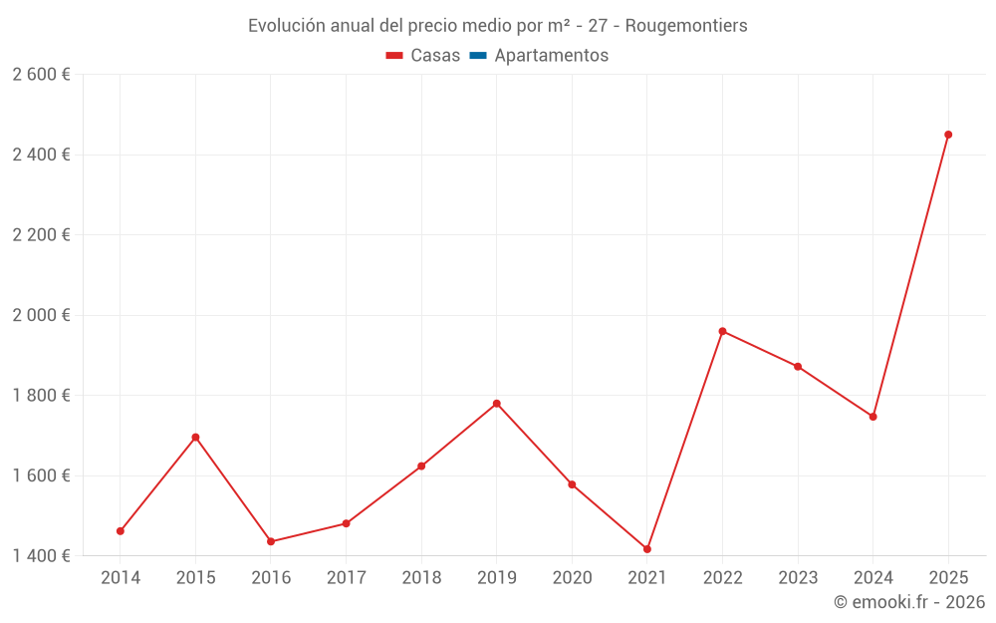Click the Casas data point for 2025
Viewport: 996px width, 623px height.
(948, 135)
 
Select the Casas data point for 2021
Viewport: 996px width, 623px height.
(647, 549)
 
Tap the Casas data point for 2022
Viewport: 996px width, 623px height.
(722, 331)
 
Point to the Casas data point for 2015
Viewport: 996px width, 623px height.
(195, 438)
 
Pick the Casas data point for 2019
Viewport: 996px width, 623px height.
(497, 404)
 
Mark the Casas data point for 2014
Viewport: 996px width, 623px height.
(121, 531)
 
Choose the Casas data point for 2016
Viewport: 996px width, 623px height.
(271, 541)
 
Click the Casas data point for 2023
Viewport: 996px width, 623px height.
(798, 367)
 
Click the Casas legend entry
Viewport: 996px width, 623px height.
(423, 56)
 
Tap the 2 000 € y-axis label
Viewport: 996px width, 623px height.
(41, 315)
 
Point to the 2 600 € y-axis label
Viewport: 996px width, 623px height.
(41, 75)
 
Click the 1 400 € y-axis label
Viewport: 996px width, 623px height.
(41, 555)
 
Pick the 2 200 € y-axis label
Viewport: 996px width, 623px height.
(41, 235)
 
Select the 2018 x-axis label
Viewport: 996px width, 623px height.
(421, 577)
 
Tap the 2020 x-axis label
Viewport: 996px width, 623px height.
(572, 577)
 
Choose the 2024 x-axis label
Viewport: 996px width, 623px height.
(872, 577)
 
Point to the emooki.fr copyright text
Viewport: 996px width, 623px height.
(909, 602)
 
